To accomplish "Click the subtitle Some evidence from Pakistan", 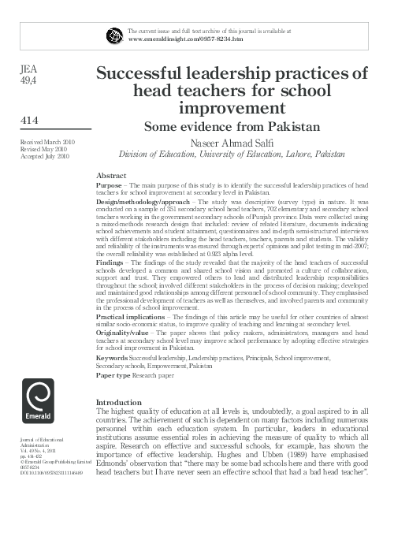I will (x=231, y=126).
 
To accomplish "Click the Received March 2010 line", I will (x=43, y=140).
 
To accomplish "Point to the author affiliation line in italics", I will (x=231, y=156).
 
